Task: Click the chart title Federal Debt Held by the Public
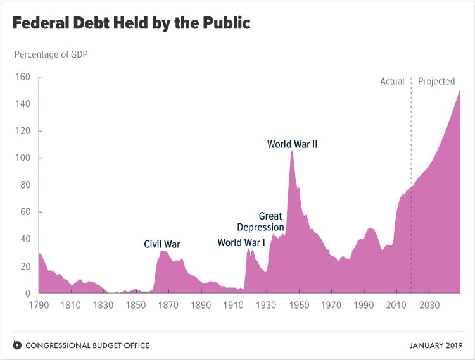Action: pos(131,24)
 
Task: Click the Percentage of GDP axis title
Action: pos(51,54)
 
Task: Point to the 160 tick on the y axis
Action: pos(22,77)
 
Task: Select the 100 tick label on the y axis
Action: pos(22,158)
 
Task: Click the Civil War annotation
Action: pos(162,244)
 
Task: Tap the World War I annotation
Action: pos(241,242)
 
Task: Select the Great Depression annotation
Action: pos(261,222)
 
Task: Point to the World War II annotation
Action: pos(292,144)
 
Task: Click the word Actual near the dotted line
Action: pos(392,81)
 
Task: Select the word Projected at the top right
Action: pos(436,81)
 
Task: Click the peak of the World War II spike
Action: pos(292,151)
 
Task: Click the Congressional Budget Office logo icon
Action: pos(17,345)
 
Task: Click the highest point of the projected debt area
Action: pos(460,89)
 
